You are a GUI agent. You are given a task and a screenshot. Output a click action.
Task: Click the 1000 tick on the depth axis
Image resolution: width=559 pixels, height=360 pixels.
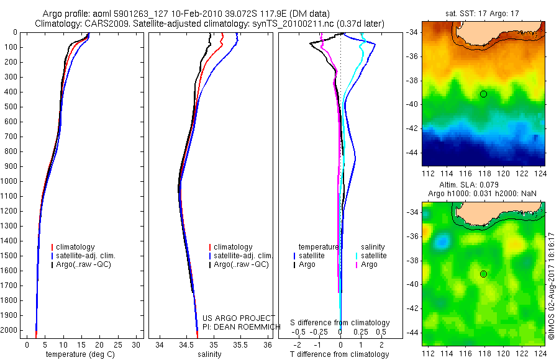pos(10,181)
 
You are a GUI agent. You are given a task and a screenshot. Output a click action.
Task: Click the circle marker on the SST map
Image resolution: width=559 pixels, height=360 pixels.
pos(483,94)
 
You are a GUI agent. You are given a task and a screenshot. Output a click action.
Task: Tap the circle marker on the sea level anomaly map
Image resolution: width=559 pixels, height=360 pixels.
pos(483,274)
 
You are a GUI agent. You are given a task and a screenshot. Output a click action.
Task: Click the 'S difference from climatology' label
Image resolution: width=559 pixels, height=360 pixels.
pos(340,323)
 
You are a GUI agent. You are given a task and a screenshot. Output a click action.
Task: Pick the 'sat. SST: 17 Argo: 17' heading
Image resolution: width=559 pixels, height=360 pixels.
pos(483,13)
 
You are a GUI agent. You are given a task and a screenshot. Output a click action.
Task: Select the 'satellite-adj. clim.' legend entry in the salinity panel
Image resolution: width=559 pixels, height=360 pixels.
pos(243,256)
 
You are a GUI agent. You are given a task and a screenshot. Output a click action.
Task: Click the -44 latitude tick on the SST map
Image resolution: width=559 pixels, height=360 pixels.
pos(413,152)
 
